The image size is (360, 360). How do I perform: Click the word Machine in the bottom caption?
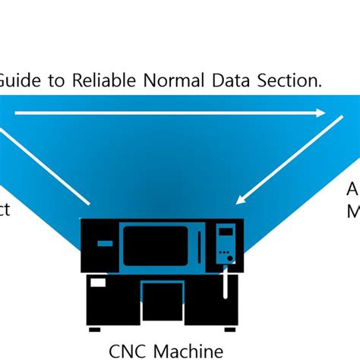click(x=186, y=350)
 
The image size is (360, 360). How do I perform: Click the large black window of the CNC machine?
click(x=155, y=245)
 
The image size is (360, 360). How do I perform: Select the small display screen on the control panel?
click(x=225, y=231)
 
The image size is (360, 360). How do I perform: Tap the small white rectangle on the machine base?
click(x=98, y=283)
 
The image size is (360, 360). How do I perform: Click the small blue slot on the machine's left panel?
click(x=105, y=243)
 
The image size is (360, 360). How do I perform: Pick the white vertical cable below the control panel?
click(x=225, y=285)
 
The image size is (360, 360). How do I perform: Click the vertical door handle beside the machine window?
click(x=199, y=245)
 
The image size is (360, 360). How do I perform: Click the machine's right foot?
click(x=230, y=328)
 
